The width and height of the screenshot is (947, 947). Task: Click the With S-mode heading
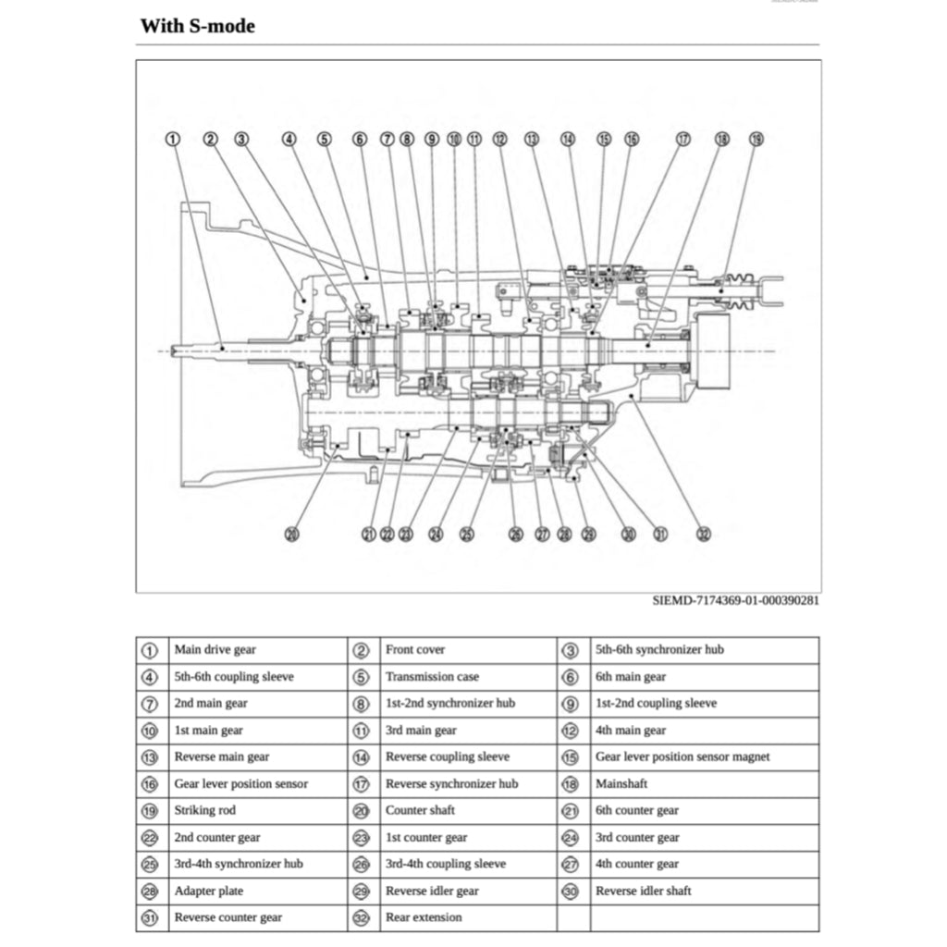pos(197,26)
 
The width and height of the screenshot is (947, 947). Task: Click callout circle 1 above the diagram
pos(172,139)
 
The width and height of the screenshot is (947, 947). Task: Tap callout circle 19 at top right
pos(756,139)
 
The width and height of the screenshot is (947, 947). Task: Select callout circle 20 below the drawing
pos(292,534)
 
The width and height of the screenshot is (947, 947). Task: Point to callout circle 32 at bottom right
pos(704,534)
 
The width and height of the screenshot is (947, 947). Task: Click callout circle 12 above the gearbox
pos(499,139)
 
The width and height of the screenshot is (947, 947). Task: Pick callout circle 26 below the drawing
pos(516,534)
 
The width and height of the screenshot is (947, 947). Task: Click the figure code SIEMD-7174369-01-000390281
pos(735,600)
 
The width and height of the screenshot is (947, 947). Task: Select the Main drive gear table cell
pos(215,650)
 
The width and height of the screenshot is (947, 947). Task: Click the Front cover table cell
pos(415,650)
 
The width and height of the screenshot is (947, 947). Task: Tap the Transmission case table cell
pos(432,677)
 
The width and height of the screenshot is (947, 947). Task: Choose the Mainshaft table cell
pos(621,783)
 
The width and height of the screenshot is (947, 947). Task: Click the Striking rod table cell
pos(204,810)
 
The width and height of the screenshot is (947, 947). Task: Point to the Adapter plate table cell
pos(209,891)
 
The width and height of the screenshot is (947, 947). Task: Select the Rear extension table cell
pos(424,917)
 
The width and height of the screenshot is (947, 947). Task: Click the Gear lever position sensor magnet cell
pos(683,756)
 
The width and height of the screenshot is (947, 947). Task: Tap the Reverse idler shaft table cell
pos(644,891)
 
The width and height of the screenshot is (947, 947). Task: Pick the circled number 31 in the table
pos(150,917)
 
